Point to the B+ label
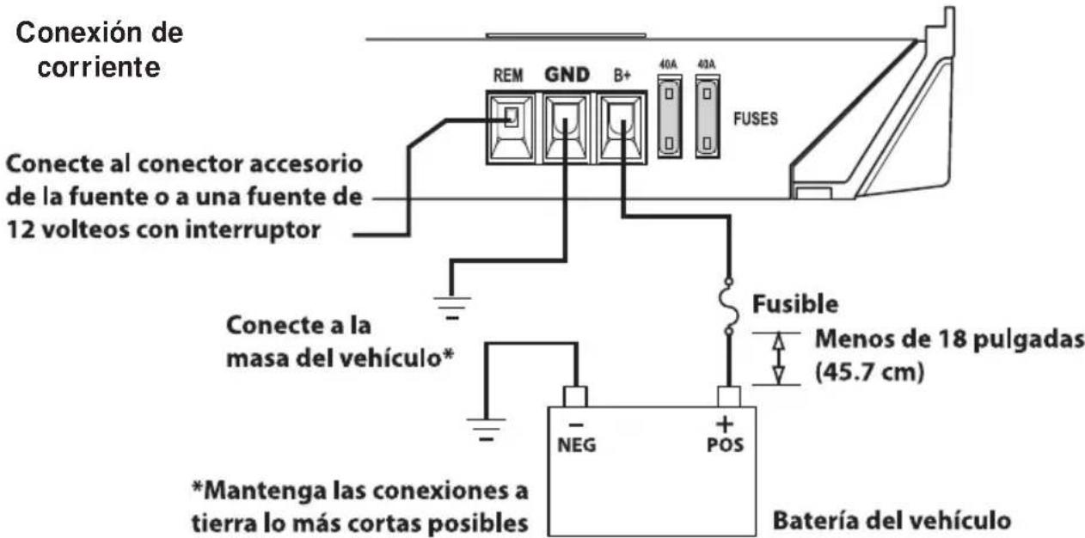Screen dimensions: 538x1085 pos(621,75)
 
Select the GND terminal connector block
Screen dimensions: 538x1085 pos(564,127)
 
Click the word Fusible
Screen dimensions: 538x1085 pos(794,305)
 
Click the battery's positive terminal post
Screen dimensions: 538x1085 pos(729,396)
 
